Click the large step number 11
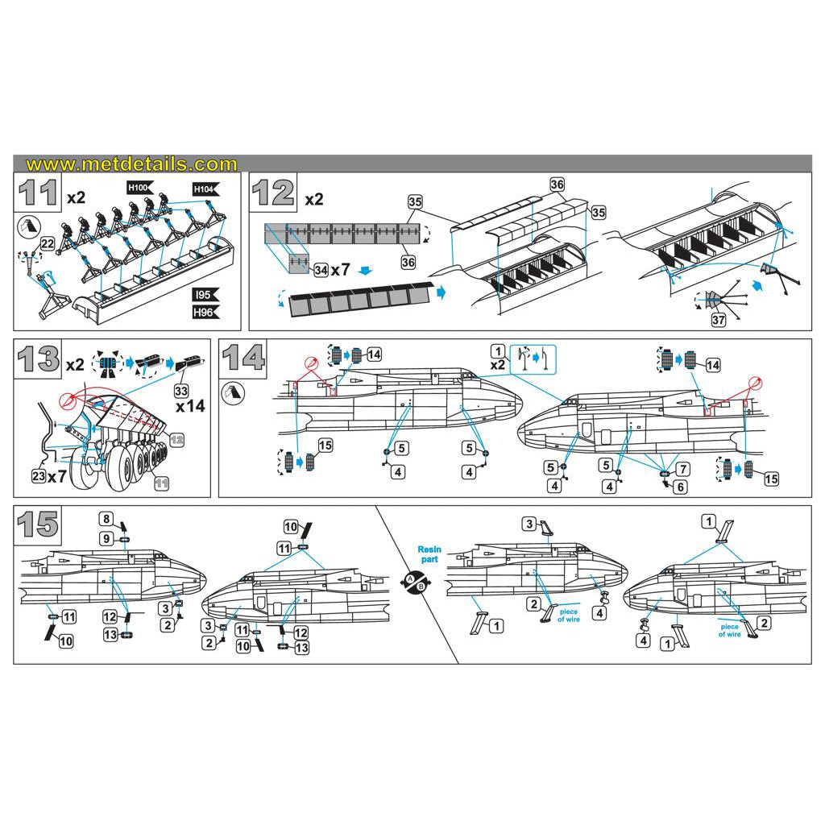(38, 194)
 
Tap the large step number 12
(273, 194)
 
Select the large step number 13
(38, 359)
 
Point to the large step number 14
(243, 358)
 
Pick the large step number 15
(38, 524)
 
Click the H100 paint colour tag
(138, 188)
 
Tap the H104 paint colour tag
(205, 189)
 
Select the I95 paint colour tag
(205, 295)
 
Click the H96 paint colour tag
(205, 311)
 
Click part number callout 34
(321, 269)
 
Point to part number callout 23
(39, 477)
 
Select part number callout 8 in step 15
(105, 518)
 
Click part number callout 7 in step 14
(683, 468)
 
